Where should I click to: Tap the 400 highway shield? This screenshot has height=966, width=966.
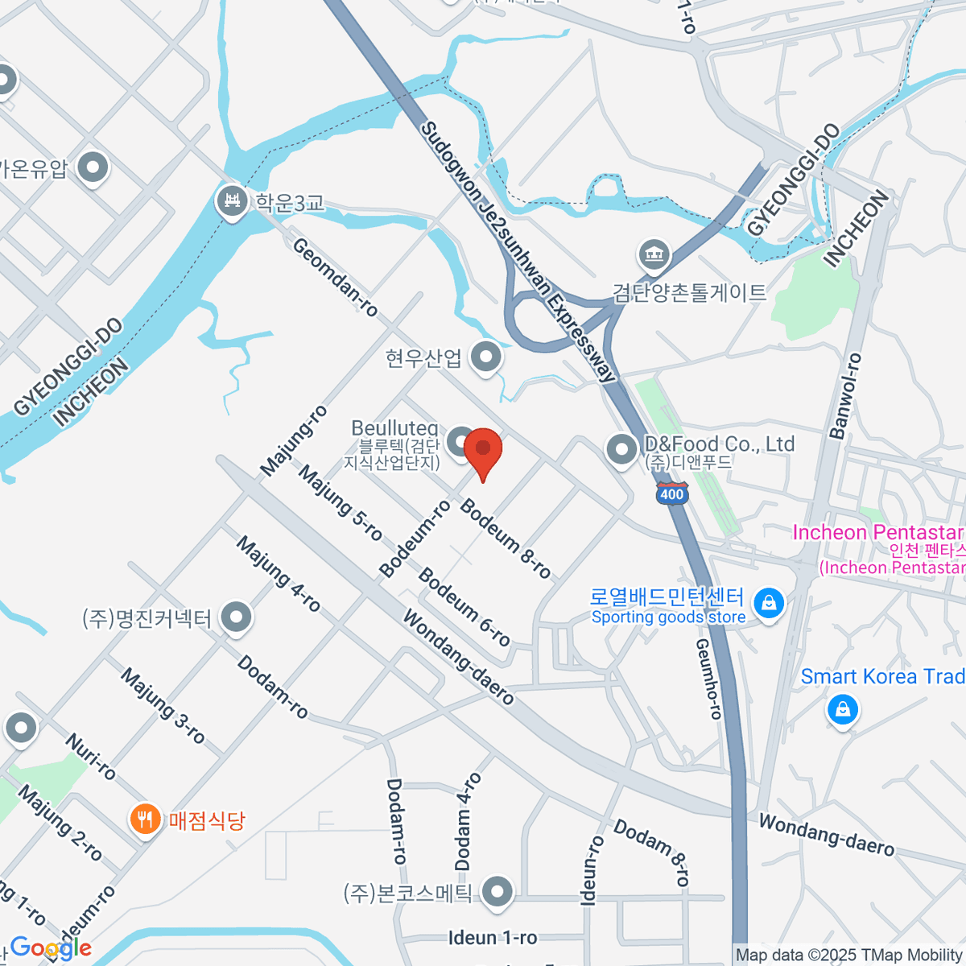(671, 493)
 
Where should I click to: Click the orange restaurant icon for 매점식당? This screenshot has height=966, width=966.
(145, 820)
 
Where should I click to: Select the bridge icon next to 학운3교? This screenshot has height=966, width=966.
(233, 200)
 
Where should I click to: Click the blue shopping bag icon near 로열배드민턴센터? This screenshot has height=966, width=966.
(769, 602)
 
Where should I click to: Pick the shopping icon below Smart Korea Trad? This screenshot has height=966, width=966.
(842, 709)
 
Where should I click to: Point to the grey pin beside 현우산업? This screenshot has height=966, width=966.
(486, 357)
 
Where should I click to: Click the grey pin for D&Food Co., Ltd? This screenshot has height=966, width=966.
(621, 449)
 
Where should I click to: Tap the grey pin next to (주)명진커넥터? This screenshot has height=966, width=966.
(236, 618)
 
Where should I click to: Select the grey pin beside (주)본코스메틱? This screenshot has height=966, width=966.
(497, 891)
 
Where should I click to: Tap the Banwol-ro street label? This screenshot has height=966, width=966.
(845, 396)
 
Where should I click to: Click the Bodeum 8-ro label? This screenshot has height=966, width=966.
(506, 539)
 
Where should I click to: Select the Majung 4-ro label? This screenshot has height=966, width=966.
(279, 575)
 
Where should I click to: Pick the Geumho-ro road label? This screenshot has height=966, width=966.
(708, 679)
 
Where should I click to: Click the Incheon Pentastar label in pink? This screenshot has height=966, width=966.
(877, 533)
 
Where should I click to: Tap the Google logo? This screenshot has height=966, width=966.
(50, 948)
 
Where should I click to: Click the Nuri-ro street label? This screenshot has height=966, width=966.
(90, 757)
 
